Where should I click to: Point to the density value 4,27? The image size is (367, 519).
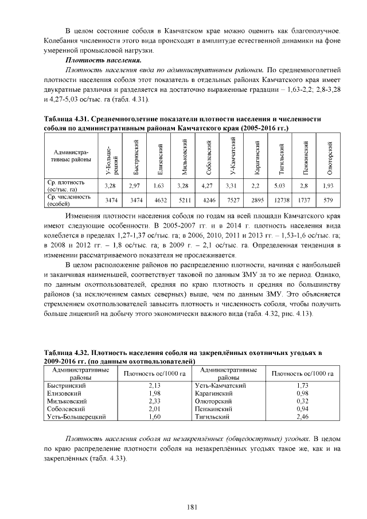click(208, 185)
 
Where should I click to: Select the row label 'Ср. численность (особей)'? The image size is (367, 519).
click(69, 199)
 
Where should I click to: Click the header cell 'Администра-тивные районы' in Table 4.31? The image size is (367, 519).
click(69, 157)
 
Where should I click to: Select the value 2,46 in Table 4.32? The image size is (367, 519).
click(303, 417)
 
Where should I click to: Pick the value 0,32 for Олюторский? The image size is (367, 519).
click(303, 401)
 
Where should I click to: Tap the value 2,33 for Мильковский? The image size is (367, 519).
click(154, 401)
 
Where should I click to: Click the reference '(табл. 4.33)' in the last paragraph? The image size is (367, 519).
click(108, 459)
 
